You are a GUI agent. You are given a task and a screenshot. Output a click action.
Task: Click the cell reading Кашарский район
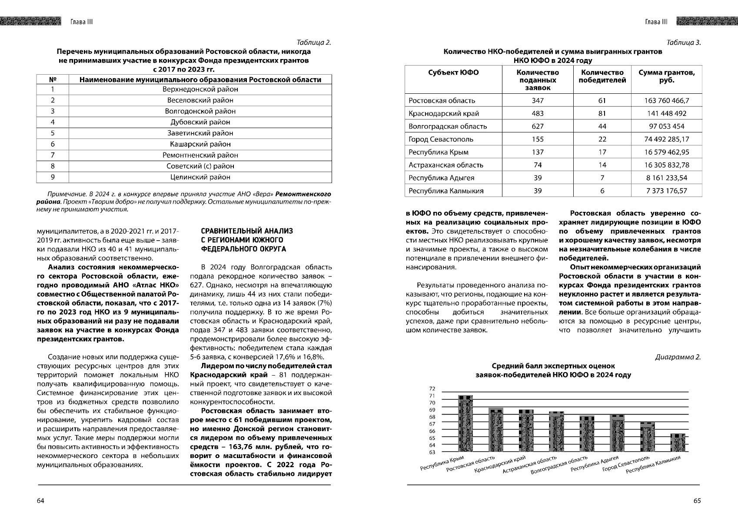click(x=200, y=144)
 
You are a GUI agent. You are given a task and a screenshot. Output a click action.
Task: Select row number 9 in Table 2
click(x=53, y=177)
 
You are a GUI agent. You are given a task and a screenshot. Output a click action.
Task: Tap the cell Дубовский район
click(x=200, y=122)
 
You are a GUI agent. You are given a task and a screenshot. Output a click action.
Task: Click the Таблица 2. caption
click(x=313, y=43)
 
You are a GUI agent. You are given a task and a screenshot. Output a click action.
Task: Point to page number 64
click(x=40, y=501)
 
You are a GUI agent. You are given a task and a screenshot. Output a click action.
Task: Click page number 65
click(x=697, y=501)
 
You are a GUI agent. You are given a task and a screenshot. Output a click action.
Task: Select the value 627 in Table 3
click(x=538, y=126)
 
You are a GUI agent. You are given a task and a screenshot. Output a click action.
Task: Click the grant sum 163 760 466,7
click(x=666, y=101)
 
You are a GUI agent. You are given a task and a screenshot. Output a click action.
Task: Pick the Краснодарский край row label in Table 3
click(x=444, y=114)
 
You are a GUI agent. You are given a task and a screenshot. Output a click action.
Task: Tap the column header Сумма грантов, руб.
click(x=666, y=76)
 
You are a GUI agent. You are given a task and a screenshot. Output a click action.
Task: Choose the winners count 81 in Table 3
click(x=602, y=114)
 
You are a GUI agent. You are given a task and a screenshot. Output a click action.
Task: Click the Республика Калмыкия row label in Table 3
click(x=446, y=191)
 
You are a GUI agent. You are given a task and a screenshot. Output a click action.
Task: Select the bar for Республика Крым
click(x=466, y=425)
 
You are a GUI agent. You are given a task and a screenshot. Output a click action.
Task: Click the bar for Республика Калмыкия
click(x=678, y=443)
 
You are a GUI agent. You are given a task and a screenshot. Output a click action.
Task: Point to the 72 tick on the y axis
click(x=432, y=389)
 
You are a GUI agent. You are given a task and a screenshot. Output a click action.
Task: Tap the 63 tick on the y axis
click(x=432, y=452)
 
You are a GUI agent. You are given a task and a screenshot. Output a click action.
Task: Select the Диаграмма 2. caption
click(x=678, y=357)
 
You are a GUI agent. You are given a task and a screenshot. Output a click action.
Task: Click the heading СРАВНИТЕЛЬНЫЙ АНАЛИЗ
click(x=246, y=231)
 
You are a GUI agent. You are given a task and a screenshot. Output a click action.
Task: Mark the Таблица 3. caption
click(x=683, y=43)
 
